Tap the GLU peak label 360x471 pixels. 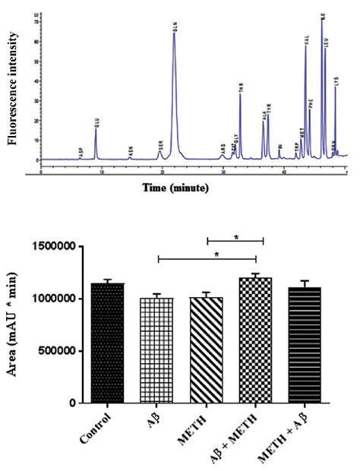pyautogui.click(x=96, y=122)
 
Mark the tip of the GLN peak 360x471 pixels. pyautogui.click(x=175, y=33)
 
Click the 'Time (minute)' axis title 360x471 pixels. pyautogui.click(x=178, y=188)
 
